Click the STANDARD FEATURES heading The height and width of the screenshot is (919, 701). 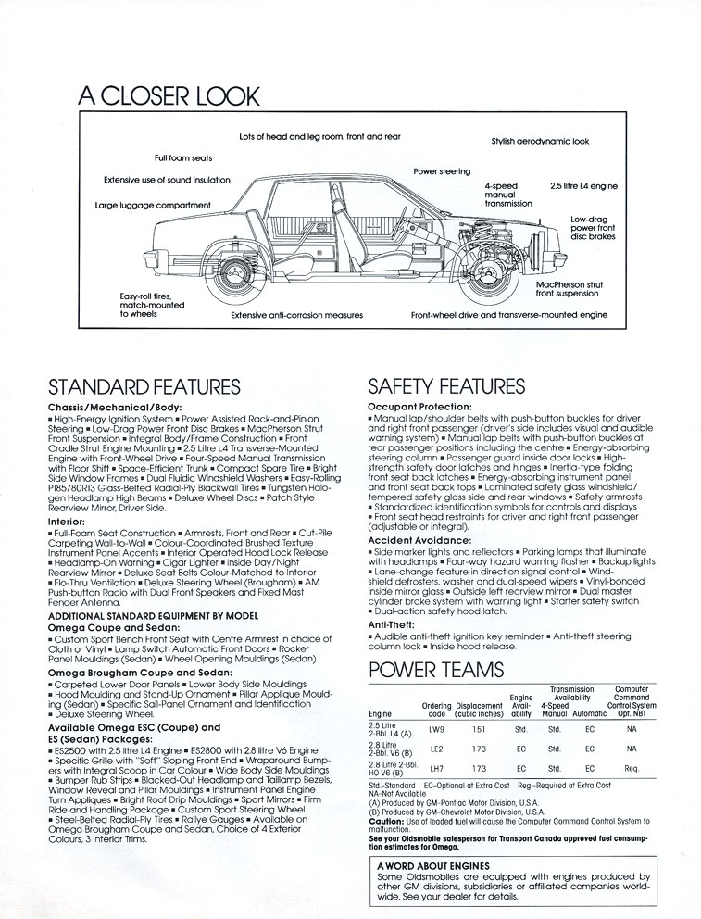pyautogui.click(x=144, y=387)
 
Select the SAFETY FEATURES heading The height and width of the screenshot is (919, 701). pyautogui.click(x=446, y=387)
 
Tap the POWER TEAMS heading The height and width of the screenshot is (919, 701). pyautogui.click(x=436, y=670)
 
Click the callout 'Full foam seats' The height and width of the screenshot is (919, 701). pyautogui.click(x=184, y=158)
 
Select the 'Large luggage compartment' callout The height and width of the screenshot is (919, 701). pyautogui.click(x=153, y=205)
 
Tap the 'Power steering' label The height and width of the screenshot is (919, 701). pyautogui.click(x=442, y=171)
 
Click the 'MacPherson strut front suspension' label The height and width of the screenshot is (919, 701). pyautogui.click(x=570, y=289)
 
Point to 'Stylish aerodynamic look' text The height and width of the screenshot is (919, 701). pyautogui.click(x=540, y=142)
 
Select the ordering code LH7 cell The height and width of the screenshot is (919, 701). pyautogui.click(x=436, y=768)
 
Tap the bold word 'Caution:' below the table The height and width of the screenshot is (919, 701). pyautogui.click(x=386, y=821)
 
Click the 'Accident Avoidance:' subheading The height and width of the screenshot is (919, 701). pyautogui.click(x=419, y=539)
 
